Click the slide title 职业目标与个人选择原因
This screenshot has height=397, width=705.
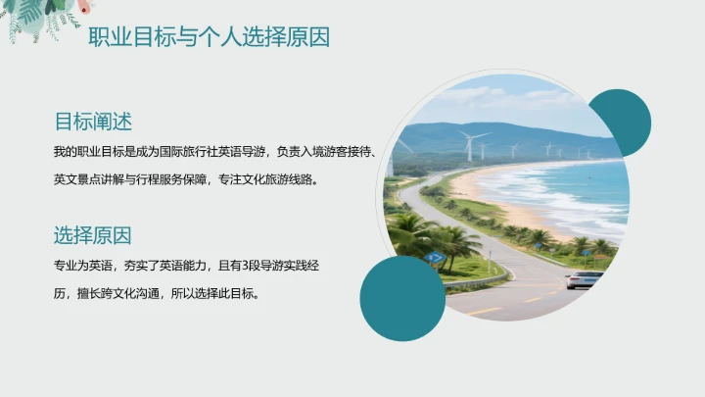click(209, 37)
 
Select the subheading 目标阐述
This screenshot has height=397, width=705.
click(93, 122)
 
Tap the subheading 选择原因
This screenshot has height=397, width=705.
click(93, 235)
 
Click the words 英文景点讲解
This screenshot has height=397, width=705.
click(83, 180)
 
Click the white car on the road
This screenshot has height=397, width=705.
click(585, 279)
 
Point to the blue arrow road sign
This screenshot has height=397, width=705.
click(435, 258)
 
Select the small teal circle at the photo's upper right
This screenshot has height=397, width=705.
click(620, 122)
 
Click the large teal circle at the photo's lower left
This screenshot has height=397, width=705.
click(402, 297)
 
